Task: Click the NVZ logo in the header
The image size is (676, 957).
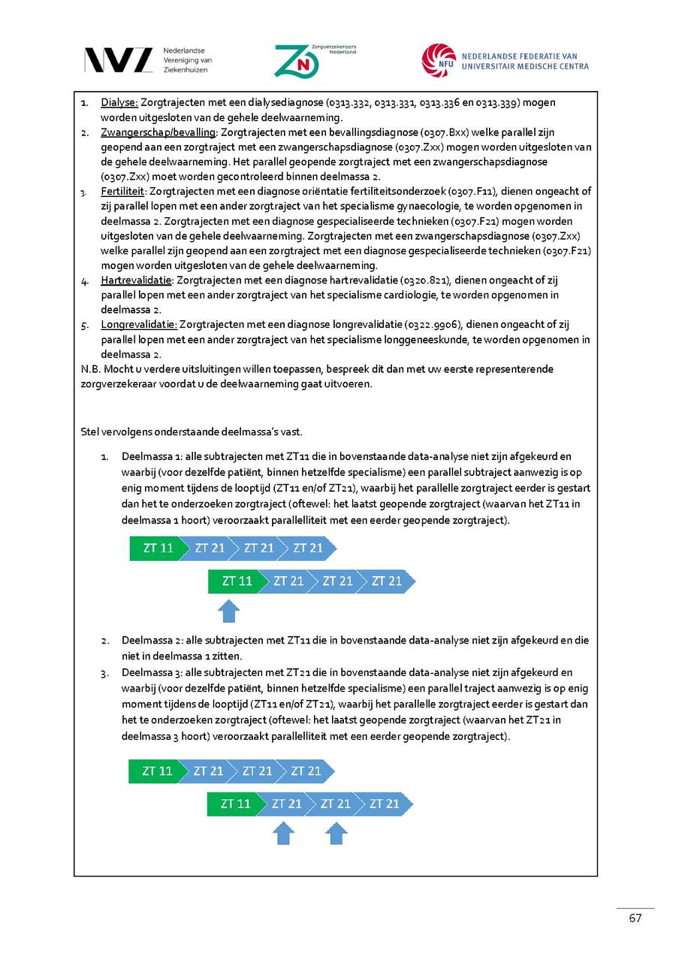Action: click(119, 60)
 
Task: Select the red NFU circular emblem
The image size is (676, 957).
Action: click(438, 60)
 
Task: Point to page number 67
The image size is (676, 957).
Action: click(635, 918)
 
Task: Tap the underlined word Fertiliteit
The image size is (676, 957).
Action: click(123, 192)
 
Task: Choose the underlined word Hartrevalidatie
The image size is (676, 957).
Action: click(137, 280)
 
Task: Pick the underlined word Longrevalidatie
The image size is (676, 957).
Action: click(139, 325)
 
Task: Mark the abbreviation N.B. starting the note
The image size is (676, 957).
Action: click(90, 369)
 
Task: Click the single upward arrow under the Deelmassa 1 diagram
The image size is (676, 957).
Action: click(228, 610)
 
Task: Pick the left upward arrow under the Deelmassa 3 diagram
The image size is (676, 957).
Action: click(282, 832)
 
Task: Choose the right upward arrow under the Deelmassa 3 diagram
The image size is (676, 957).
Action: click(336, 832)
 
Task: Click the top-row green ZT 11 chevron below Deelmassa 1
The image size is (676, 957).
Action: click(155, 548)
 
